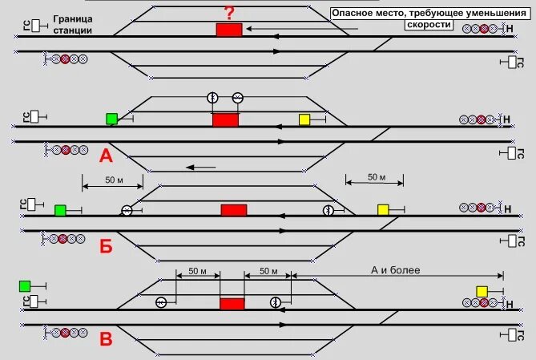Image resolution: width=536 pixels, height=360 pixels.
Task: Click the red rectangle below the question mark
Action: (228, 30)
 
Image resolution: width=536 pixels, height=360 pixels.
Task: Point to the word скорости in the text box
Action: (431, 25)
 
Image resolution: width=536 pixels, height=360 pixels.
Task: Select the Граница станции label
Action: (73, 24)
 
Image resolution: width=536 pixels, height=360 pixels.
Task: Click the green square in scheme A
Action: (111, 119)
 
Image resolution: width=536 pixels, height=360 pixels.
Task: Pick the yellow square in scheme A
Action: (304, 119)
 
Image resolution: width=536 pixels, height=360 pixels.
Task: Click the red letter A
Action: (106, 156)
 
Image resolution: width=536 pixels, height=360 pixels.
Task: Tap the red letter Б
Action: (106, 246)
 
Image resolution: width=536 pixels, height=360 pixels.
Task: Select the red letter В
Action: (106, 339)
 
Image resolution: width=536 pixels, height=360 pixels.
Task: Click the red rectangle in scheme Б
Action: (234, 209)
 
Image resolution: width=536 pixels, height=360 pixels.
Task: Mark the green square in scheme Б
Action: (60, 210)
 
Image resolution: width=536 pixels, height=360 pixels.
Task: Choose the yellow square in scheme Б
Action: (383, 209)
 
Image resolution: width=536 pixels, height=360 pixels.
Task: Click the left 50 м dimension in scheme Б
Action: (115, 180)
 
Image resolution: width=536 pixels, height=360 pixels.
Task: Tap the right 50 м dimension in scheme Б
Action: (377, 176)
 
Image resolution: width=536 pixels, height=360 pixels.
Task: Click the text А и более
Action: (396, 270)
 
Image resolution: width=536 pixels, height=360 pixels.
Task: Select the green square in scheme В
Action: (24, 285)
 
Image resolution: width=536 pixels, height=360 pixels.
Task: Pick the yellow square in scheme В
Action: (482, 291)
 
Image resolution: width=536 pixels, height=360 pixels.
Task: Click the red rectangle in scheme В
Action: (232, 303)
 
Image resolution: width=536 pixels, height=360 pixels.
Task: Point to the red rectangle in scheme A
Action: (225, 119)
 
